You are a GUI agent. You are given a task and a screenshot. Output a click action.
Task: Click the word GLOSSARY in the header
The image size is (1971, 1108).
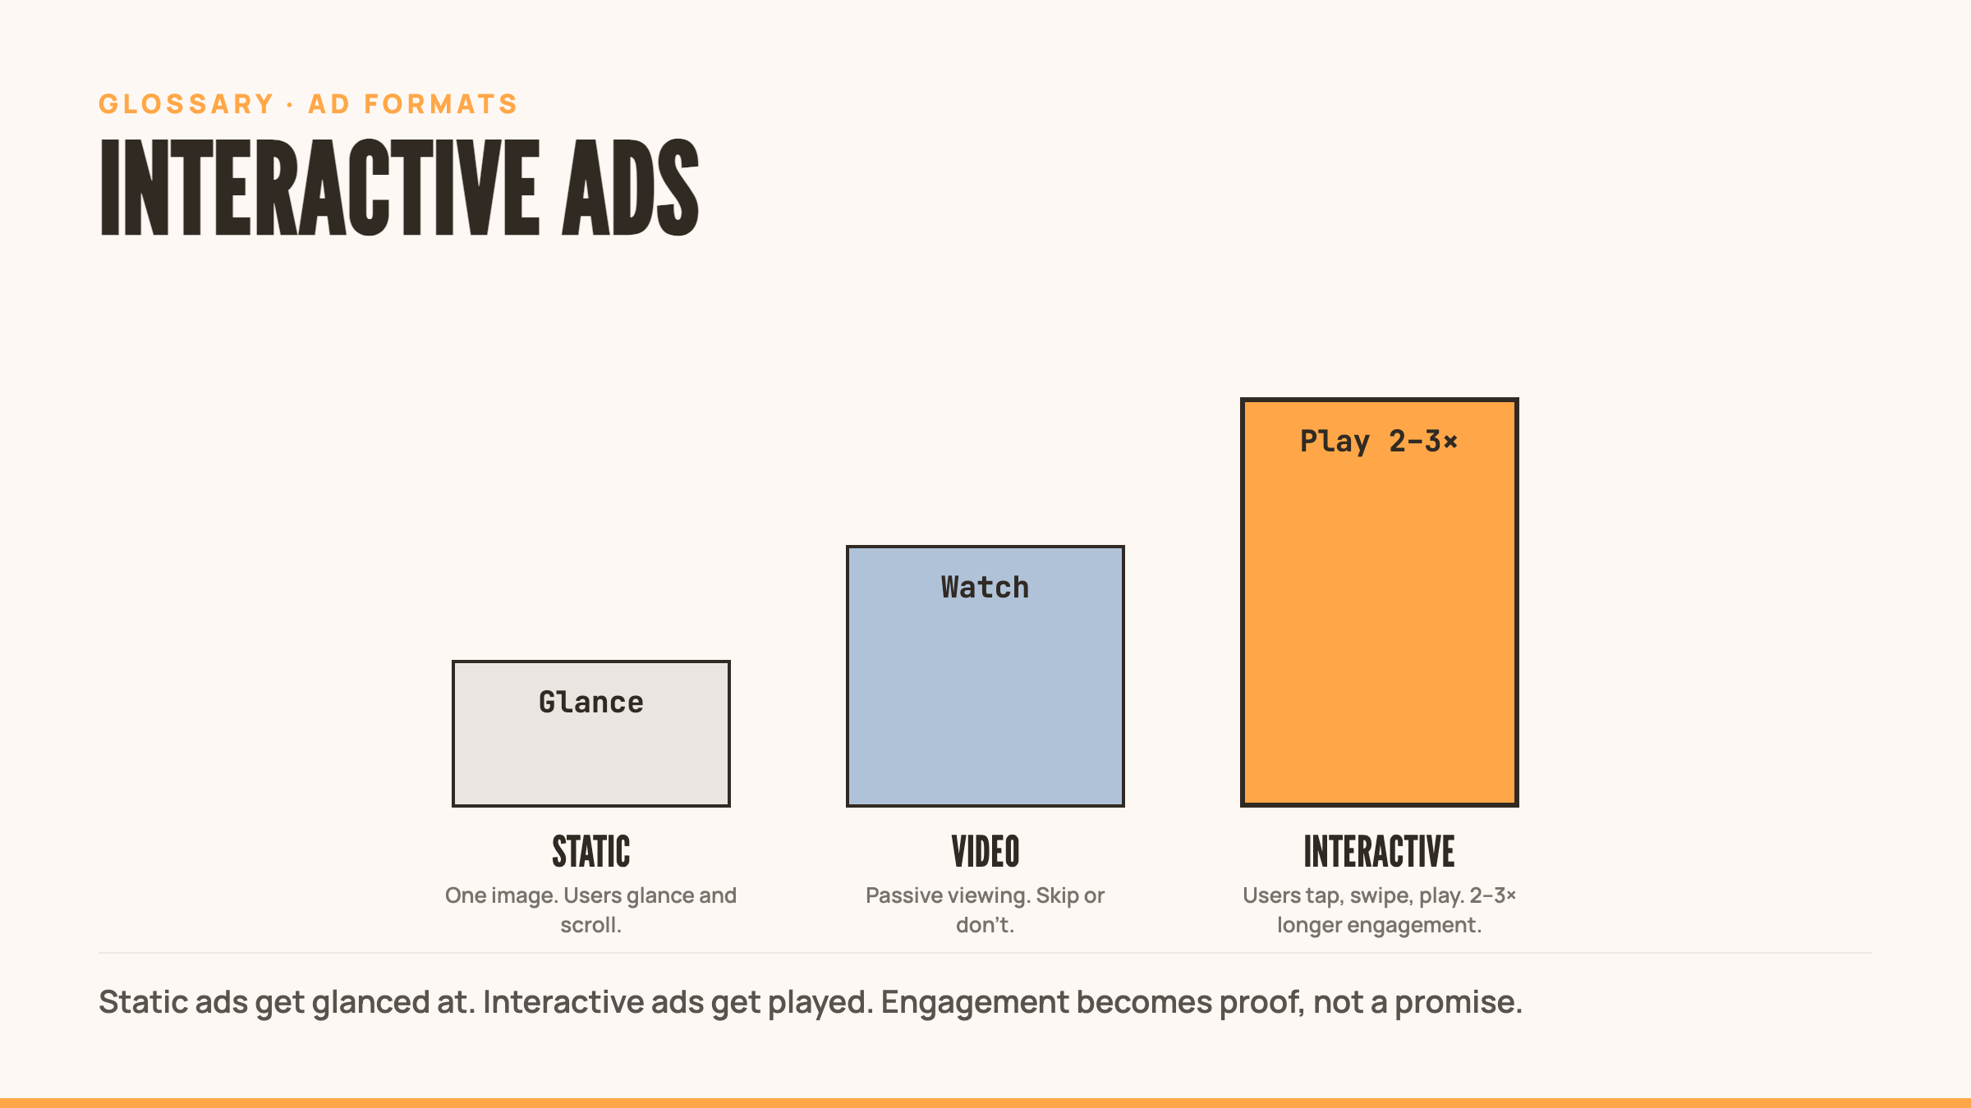tap(186, 104)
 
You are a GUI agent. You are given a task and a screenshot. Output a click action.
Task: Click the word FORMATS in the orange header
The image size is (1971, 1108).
tap(441, 104)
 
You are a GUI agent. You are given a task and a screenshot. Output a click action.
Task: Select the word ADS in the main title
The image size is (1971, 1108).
tap(631, 187)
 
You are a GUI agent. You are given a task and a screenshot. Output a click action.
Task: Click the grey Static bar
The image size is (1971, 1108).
tap(591, 755)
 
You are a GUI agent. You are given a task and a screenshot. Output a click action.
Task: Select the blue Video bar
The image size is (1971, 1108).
tap(985, 698)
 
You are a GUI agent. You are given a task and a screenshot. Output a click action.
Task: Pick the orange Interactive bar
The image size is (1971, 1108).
tap(1380, 624)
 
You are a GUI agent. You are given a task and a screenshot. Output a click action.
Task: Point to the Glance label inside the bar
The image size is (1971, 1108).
tap(591, 703)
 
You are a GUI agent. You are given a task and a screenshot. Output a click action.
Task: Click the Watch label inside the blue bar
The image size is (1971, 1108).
tap(985, 588)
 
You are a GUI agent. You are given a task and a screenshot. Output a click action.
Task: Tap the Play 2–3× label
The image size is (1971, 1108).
tap(1380, 442)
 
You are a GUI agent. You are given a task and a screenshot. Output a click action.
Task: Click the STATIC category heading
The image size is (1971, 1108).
tap(591, 851)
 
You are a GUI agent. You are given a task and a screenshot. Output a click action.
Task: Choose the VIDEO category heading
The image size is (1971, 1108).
tap(985, 851)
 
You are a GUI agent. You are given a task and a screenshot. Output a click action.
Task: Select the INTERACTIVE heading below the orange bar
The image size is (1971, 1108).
tap(1380, 851)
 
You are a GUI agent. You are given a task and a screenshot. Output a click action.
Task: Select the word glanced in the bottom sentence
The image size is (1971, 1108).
tap(371, 1003)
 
